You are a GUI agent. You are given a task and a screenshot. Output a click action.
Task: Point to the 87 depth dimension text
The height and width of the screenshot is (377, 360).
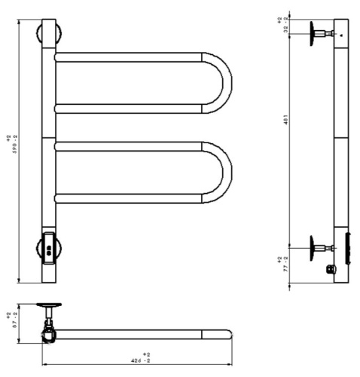[8, 318]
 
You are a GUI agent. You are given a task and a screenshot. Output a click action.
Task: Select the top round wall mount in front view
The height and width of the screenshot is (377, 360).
[48, 35]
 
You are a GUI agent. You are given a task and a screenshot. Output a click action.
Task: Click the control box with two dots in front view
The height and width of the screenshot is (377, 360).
[48, 247]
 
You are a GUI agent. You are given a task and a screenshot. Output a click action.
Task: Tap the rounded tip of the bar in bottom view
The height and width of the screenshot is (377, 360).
[227, 333]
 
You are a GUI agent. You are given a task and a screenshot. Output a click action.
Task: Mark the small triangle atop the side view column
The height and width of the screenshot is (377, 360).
[341, 35]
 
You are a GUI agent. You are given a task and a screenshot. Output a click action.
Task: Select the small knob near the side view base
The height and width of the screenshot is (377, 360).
[329, 268]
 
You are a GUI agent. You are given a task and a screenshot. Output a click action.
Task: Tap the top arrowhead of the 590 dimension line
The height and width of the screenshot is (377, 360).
[19, 23]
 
